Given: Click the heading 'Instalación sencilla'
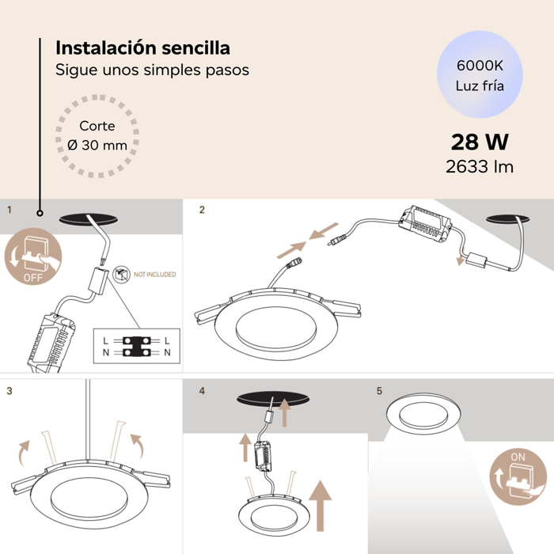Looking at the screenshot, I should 142,49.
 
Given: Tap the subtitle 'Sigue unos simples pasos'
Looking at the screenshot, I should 152,70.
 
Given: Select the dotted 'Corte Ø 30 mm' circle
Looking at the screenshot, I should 97,135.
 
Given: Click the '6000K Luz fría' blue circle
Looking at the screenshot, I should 479,75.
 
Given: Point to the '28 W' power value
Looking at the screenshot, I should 479,142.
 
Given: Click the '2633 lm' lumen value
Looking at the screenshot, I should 479,166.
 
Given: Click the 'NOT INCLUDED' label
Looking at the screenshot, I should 154,275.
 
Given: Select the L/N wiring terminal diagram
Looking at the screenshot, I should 136,345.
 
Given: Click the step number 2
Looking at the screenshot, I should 202,210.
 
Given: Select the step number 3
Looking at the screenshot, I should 9,390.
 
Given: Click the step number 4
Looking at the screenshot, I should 202,390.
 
